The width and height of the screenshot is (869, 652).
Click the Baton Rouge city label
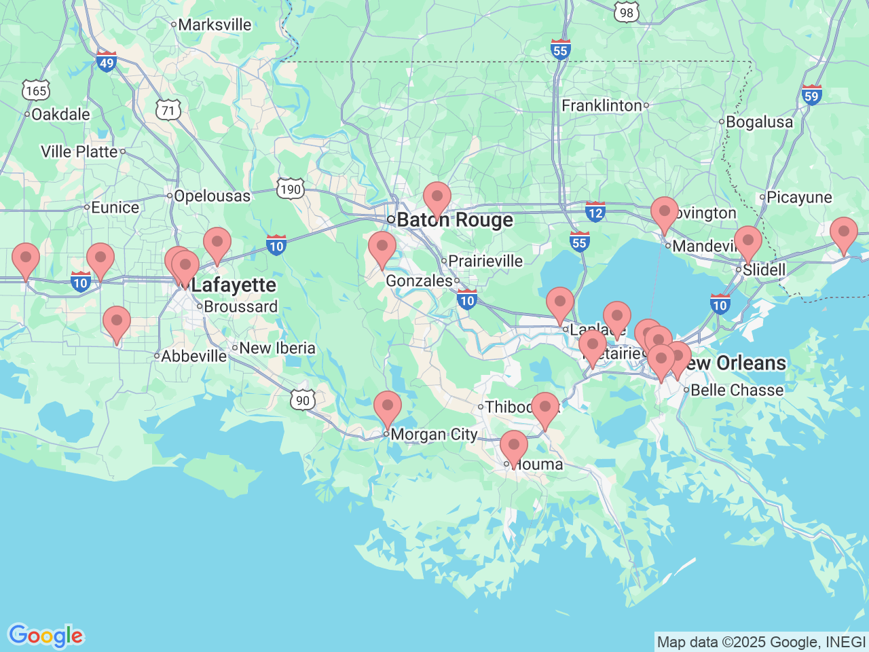point(455,220)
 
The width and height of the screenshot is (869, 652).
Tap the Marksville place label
point(215,25)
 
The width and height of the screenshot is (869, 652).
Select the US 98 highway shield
point(626,12)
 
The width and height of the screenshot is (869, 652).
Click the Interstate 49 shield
point(107,62)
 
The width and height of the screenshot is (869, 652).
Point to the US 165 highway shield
point(35,90)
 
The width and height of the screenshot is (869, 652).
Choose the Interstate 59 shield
point(811,95)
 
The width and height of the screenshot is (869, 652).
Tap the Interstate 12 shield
point(595,212)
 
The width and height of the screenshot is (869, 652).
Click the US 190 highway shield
point(291,189)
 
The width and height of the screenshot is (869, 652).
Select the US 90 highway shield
point(303,400)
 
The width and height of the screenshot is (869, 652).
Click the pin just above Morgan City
point(388,407)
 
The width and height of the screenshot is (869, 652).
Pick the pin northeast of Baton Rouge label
point(437,198)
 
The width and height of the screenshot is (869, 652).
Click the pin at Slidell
point(748,242)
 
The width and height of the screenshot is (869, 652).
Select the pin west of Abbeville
point(117,323)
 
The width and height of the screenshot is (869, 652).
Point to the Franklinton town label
point(602,106)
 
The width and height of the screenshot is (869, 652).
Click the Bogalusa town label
point(759,122)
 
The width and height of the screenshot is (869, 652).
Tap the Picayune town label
point(799,198)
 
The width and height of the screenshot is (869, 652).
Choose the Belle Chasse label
point(737,391)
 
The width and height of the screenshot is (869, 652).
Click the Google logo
point(45,636)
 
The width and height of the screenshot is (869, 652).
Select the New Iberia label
point(277,348)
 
